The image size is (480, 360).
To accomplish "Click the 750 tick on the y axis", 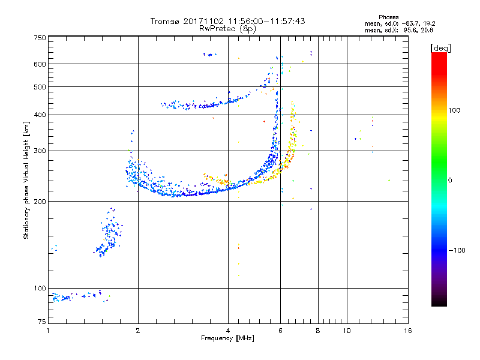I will [x=40, y=38].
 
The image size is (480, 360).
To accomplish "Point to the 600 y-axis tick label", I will [x=40, y=64].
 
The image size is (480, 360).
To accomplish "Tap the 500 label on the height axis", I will [x=40, y=86].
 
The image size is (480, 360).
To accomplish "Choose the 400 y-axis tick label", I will [x=40, y=115].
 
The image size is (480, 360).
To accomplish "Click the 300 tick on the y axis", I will [x=40, y=151].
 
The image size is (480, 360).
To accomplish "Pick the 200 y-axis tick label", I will [x=40, y=202].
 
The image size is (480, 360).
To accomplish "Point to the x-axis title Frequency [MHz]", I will [x=227, y=339].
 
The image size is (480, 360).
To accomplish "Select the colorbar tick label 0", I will [x=450, y=180].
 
